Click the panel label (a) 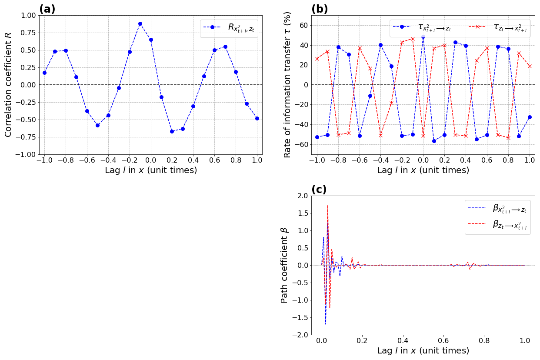47,9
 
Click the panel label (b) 320,9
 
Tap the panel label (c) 319,190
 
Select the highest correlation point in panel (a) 140,23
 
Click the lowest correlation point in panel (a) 172,131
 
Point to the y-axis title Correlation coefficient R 9,85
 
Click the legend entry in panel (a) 229,27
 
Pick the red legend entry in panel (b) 500,27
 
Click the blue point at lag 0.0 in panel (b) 423,37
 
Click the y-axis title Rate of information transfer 287,85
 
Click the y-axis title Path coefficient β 284,265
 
